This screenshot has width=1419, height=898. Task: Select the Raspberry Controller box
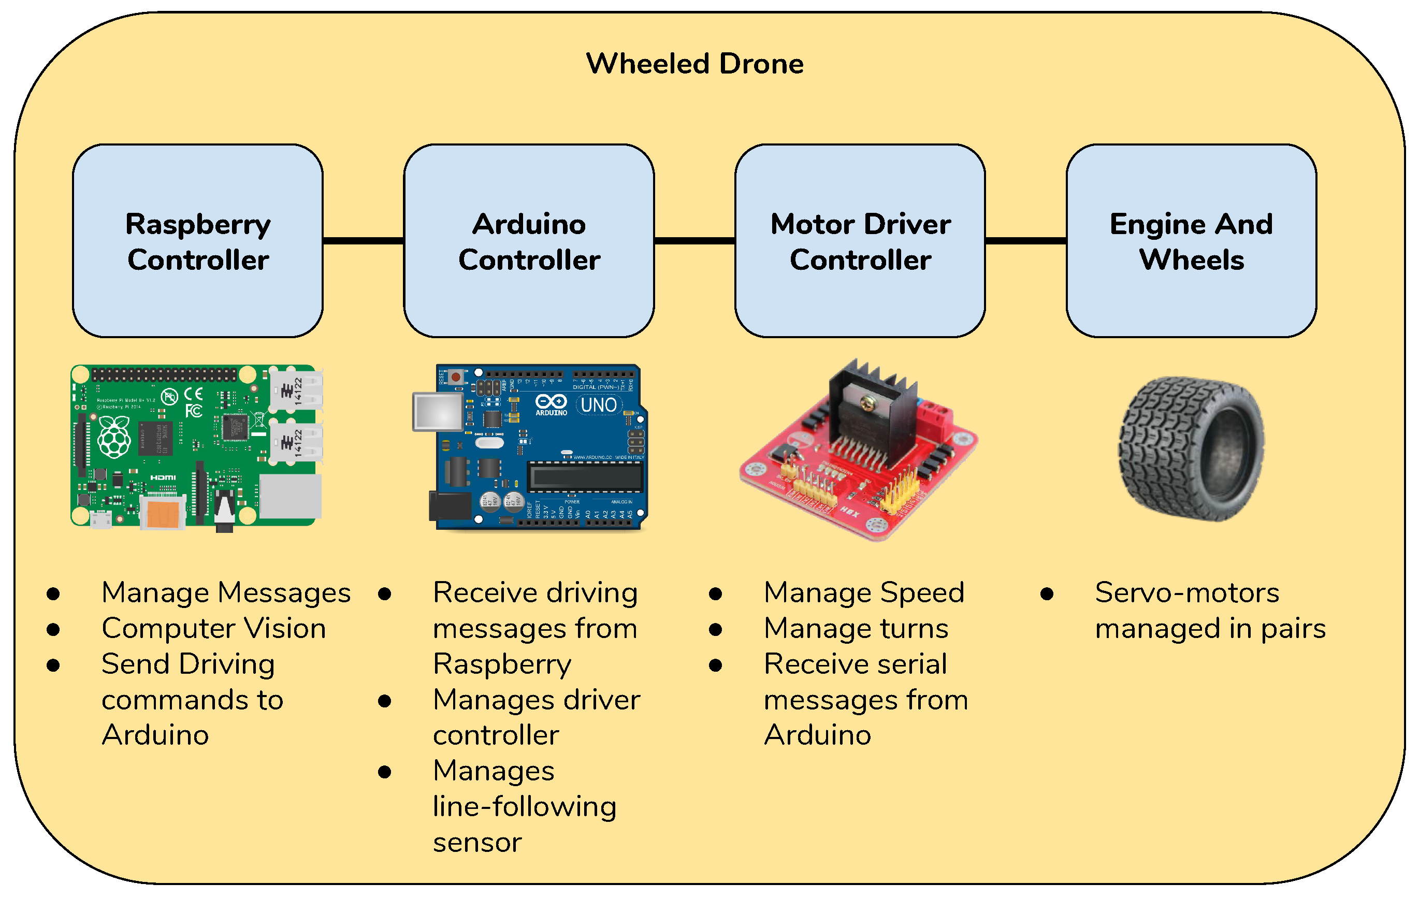pos(198,241)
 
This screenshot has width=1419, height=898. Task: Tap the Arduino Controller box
pos(529,241)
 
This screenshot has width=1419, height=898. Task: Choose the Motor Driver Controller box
pos(860,241)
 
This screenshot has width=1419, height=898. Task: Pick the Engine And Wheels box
pos(1192,241)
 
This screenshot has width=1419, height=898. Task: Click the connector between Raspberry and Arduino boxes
pos(364,240)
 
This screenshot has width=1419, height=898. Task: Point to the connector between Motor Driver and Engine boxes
pos(1026,240)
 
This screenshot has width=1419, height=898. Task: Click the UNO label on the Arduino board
pos(599,405)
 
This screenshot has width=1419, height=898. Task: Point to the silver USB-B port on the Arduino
pos(438,411)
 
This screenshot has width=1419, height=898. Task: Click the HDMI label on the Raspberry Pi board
pos(163,477)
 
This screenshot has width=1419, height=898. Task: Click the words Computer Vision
pos(213,628)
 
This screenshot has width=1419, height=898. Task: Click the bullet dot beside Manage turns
pos(715,629)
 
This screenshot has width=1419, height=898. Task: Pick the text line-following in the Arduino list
pos(525,807)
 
